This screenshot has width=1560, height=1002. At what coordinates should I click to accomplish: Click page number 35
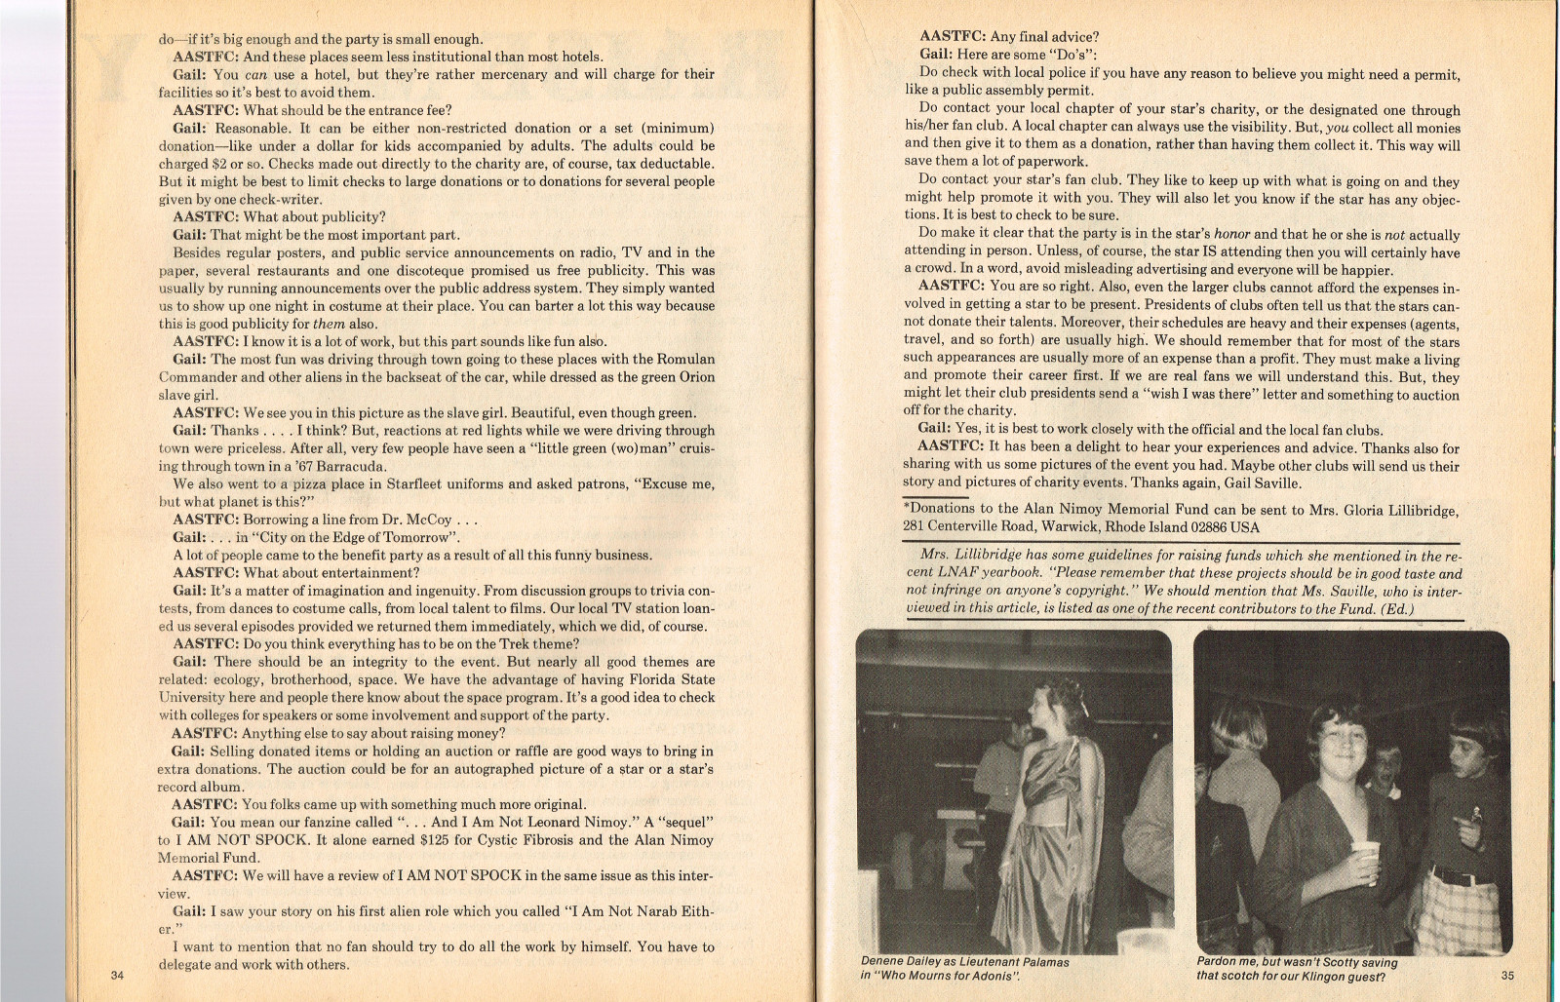click(x=1507, y=975)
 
